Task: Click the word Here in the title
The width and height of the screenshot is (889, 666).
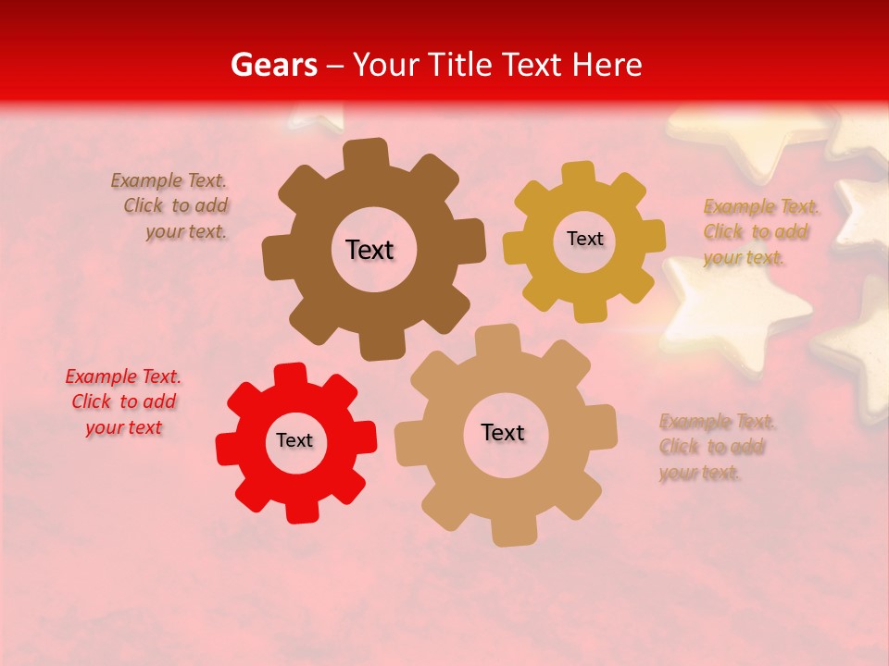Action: (x=607, y=65)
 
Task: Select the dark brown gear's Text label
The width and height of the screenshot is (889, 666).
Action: (x=369, y=250)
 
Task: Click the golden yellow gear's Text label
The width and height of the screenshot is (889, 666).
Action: (x=584, y=239)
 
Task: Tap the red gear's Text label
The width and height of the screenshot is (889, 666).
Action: (x=294, y=440)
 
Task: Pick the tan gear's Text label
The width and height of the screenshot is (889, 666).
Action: (x=503, y=432)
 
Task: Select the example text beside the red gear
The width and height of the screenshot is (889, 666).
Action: (x=123, y=402)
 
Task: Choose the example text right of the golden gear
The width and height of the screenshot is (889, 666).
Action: (x=756, y=232)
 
